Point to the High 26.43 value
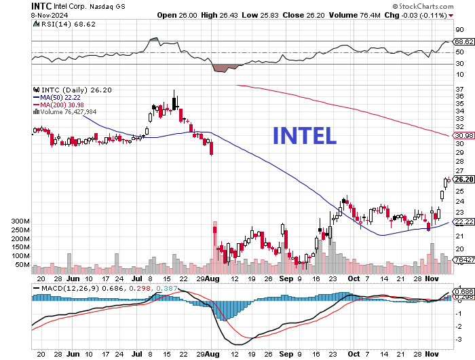pos(221,14)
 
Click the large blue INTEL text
pos(304,136)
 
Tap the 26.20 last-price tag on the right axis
pos(463,180)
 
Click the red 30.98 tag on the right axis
pos(463,136)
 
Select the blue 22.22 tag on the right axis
pos(463,222)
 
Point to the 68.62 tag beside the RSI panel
pos(463,41)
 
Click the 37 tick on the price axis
pos(459,88)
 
